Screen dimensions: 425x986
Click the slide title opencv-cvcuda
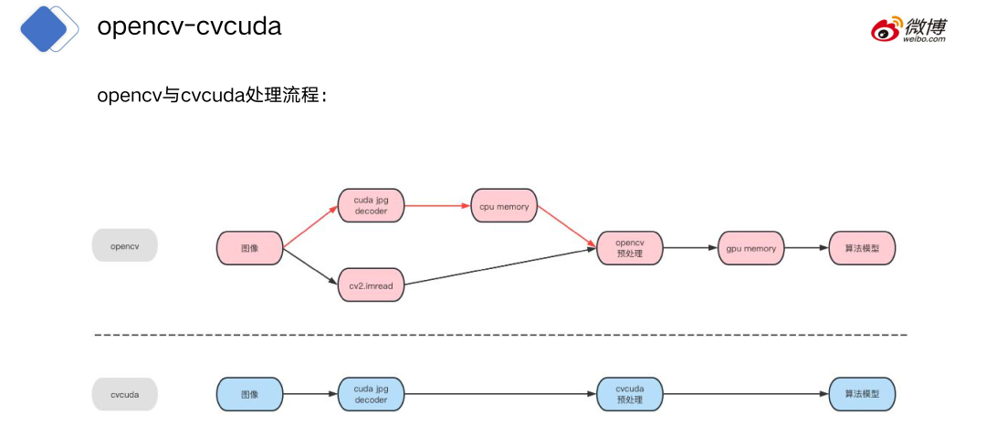click(x=189, y=27)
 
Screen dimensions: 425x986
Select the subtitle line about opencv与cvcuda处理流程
click(x=212, y=96)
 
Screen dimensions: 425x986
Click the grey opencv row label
click(x=124, y=246)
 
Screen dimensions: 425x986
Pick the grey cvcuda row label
click(x=124, y=394)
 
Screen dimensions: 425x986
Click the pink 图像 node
click(x=249, y=248)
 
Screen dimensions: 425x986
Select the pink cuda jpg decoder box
click(x=371, y=205)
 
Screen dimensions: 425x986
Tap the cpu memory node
click(x=504, y=206)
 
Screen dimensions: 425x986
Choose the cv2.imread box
click(x=371, y=285)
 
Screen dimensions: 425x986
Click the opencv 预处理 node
click(x=630, y=247)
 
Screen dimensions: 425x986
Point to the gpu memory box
click(x=752, y=248)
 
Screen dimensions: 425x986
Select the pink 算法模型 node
click(x=862, y=248)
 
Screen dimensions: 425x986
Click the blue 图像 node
click(x=249, y=394)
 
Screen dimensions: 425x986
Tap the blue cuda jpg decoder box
click(x=371, y=394)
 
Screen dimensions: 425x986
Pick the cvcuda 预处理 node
click(x=630, y=394)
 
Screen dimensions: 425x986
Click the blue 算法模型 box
click(x=862, y=394)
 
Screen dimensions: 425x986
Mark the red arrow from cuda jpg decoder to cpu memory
click(x=436, y=206)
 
